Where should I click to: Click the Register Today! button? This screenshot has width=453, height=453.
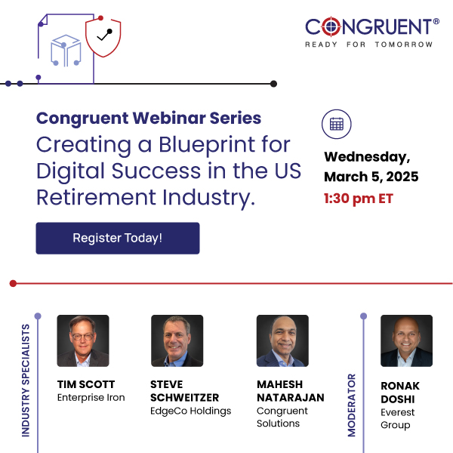(x=117, y=238)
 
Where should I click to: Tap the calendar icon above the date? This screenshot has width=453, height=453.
(x=337, y=125)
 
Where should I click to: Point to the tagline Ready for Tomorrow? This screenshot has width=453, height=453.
(x=368, y=45)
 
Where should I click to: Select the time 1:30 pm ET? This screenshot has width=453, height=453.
(x=358, y=199)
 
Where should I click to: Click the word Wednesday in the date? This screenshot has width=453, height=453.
(x=367, y=157)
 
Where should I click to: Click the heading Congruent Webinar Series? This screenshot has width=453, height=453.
(x=149, y=119)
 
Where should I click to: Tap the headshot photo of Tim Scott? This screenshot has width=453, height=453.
(x=83, y=341)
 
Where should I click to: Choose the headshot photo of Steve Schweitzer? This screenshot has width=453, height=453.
(x=177, y=341)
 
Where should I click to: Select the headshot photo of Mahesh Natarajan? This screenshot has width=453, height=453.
(x=282, y=341)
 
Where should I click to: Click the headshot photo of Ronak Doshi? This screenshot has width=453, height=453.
(x=406, y=341)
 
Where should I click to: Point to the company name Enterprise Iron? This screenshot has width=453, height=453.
(x=91, y=397)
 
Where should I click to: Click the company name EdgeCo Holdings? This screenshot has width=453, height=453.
(x=190, y=411)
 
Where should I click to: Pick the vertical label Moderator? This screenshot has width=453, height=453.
(x=352, y=404)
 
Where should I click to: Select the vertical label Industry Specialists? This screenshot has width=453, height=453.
(x=26, y=380)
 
